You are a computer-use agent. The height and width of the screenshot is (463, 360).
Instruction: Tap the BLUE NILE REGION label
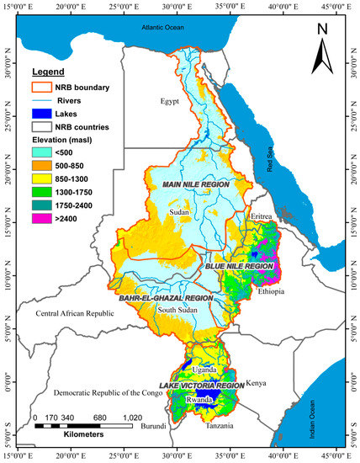coord(239,265)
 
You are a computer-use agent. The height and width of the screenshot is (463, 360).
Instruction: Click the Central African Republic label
coord(74,314)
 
